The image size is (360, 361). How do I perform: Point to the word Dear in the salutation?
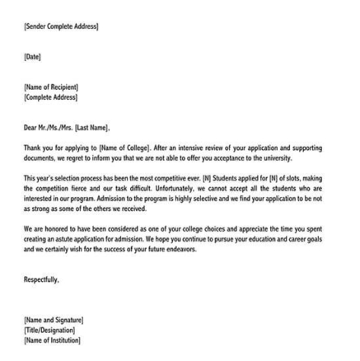(30, 127)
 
